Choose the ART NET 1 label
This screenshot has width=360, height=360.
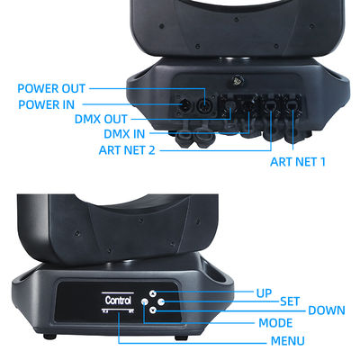[x=299, y=163]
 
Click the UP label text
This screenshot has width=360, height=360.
[x=264, y=293]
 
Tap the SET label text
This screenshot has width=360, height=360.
[x=290, y=301]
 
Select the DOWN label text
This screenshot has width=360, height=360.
[x=326, y=310]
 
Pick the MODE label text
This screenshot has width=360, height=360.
[x=275, y=322]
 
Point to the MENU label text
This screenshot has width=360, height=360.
[x=287, y=341]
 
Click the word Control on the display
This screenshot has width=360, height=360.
[x=118, y=300]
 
